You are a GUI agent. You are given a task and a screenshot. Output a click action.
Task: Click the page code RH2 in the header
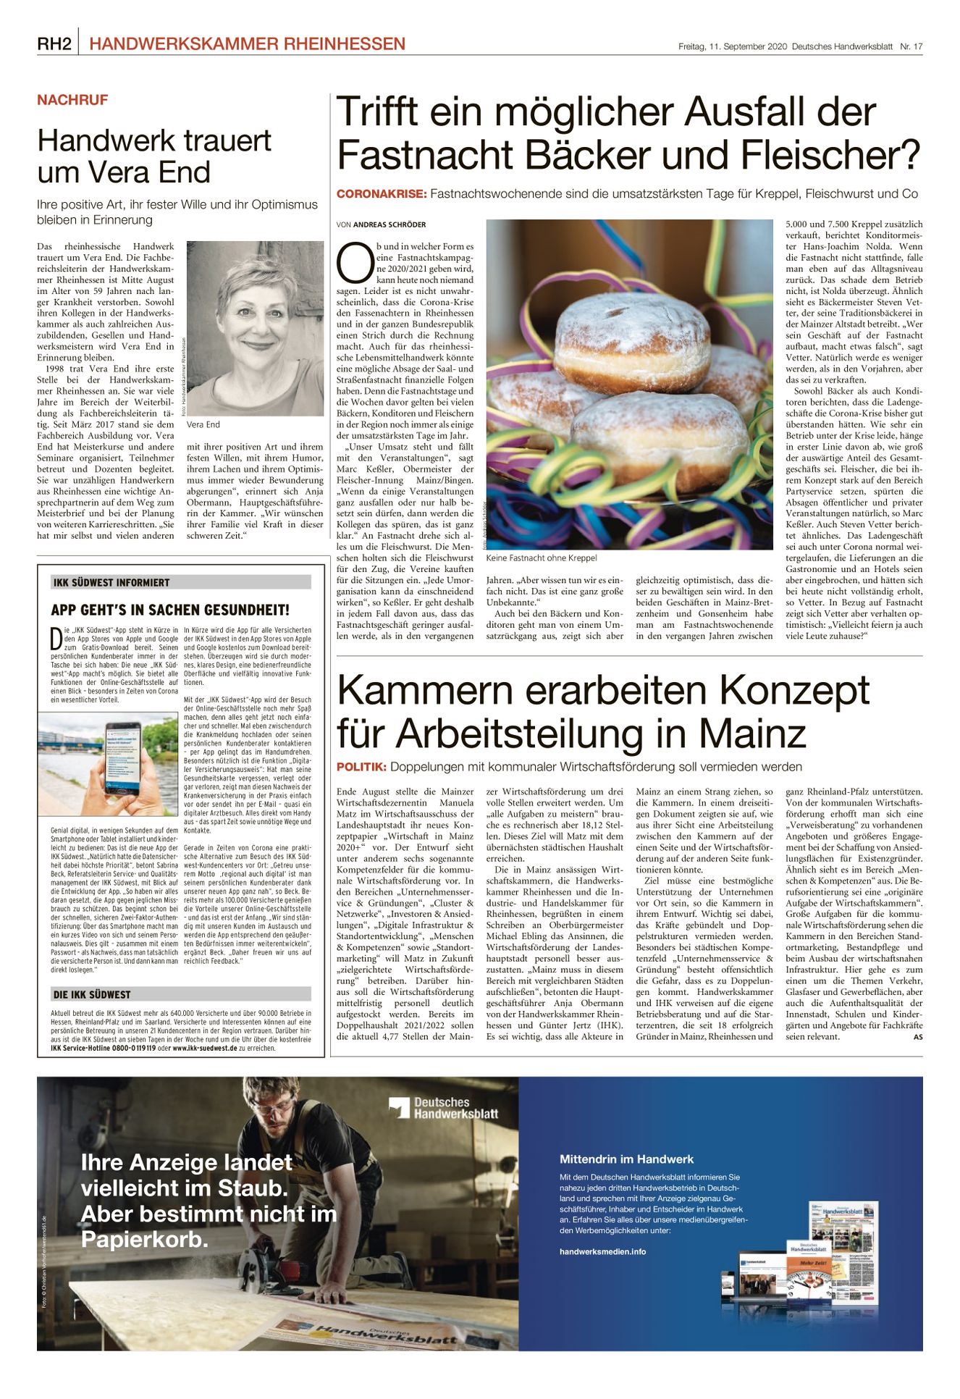(x=54, y=44)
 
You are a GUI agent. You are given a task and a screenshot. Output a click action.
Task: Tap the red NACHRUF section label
(x=72, y=100)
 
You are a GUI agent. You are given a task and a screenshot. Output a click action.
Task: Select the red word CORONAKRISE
(x=381, y=194)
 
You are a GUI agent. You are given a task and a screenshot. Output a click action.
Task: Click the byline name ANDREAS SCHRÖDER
(x=390, y=224)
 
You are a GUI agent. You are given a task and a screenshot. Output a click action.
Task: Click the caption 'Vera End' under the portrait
(x=203, y=424)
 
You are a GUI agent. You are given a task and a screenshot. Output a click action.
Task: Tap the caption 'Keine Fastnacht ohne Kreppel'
(x=542, y=558)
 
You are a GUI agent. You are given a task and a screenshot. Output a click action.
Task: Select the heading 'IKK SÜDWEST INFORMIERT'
(x=111, y=582)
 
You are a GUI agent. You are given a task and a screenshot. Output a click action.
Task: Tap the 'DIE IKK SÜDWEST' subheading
(x=92, y=994)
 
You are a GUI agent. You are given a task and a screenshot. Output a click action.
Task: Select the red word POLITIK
(x=361, y=767)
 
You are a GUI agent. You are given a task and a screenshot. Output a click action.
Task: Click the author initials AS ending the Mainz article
(x=917, y=1037)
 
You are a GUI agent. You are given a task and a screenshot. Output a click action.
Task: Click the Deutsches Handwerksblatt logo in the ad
(x=443, y=1107)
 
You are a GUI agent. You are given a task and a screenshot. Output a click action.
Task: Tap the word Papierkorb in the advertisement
(x=144, y=1240)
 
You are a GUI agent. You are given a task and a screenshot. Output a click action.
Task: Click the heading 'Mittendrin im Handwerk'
(x=626, y=1159)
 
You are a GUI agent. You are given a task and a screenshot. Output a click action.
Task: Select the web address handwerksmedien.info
(x=602, y=1251)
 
